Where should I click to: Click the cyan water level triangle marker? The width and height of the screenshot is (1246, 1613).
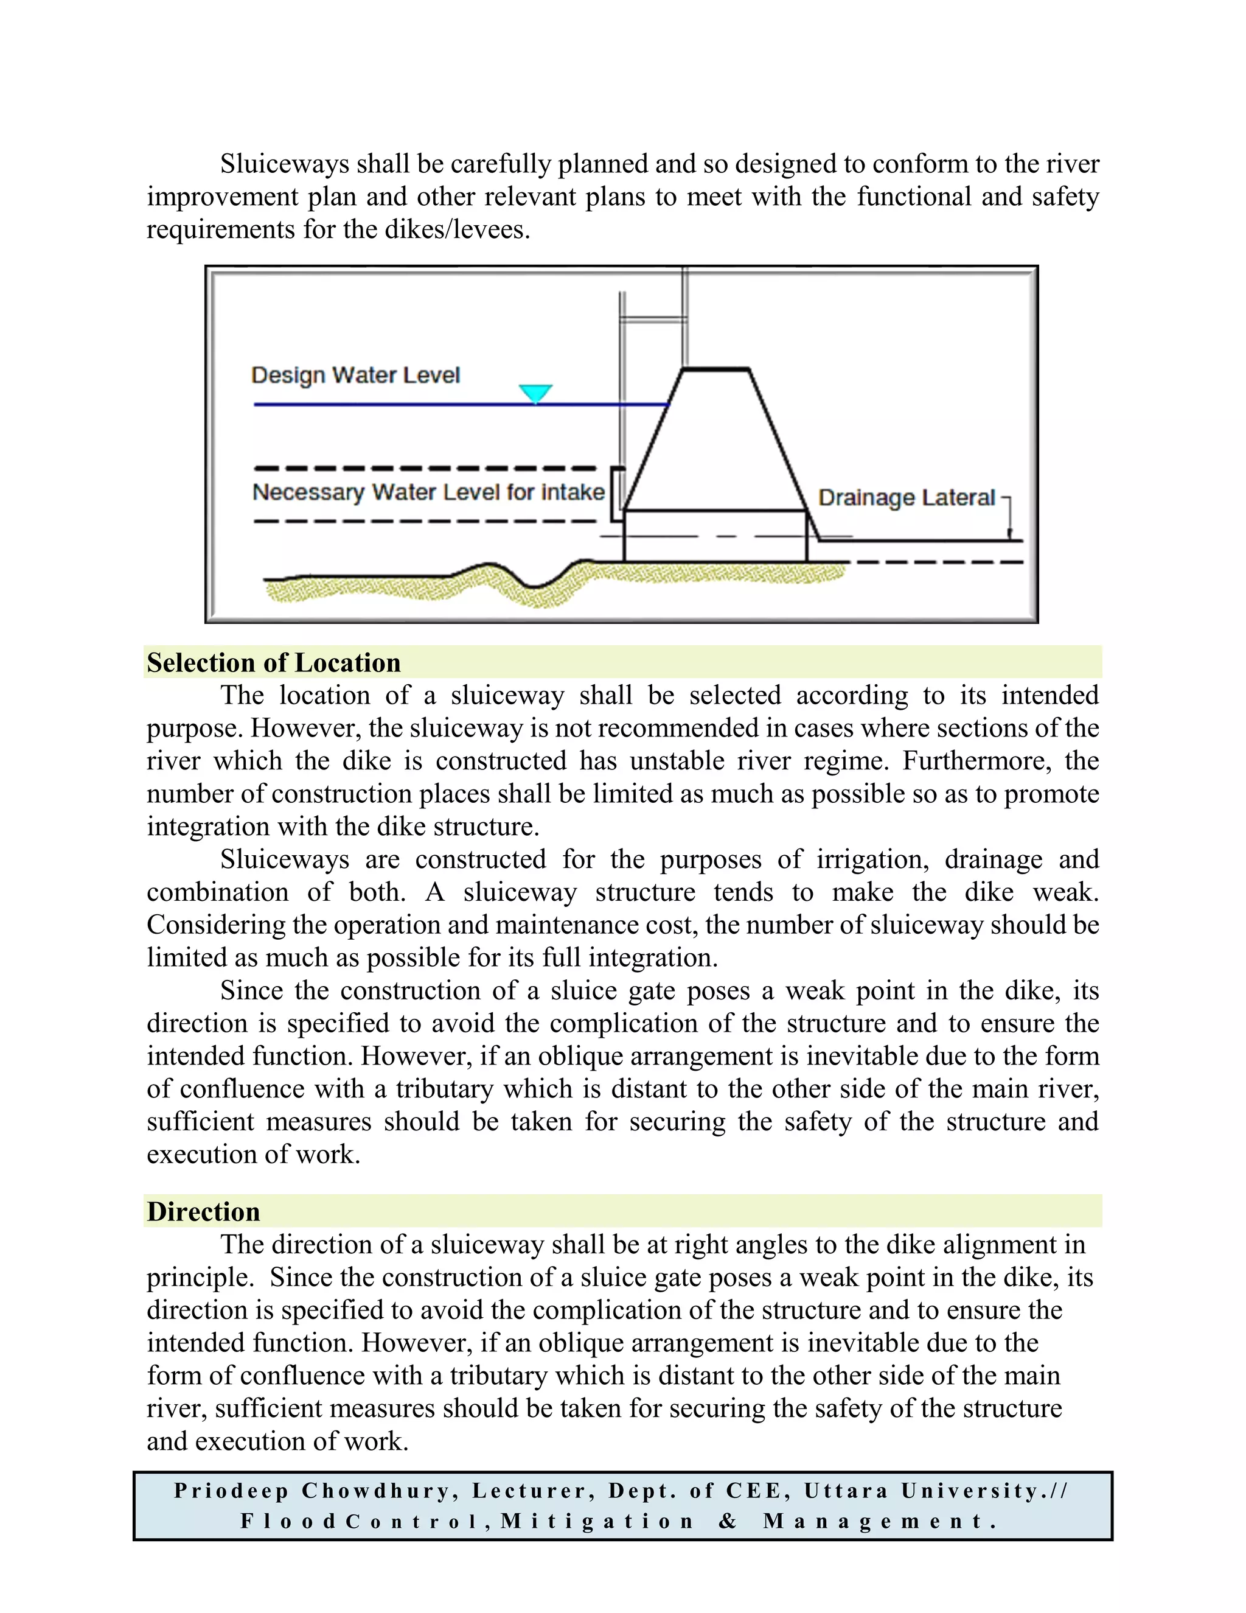pos(535,392)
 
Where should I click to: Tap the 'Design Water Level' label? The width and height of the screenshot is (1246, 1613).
pos(355,375)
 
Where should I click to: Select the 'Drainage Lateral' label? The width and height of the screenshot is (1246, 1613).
pos(907,498)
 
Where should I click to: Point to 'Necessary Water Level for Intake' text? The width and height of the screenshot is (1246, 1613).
pos(428,492)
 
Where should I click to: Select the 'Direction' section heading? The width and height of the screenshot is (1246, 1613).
pos(203,1211)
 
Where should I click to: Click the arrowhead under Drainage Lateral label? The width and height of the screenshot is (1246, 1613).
pos(1009,534)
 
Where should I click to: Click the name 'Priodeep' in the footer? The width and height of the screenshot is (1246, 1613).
pos(231,1491)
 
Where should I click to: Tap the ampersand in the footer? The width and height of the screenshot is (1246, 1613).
pos(728,1522)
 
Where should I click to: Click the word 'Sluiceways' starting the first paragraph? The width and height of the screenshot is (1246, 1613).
pos(284,164)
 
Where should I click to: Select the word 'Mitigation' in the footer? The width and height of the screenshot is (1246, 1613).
pos(598,1522)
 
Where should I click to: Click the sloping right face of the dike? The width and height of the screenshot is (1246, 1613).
pos(778,439)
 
